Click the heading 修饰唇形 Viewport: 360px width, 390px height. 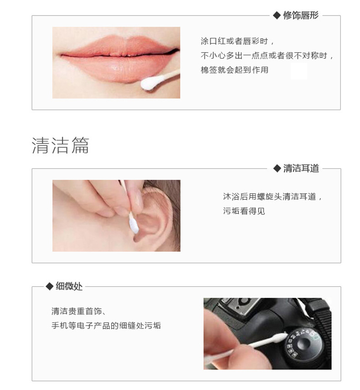coord(301,16)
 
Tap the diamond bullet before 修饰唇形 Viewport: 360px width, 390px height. coord(276,16)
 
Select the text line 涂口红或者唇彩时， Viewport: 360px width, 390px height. coord(237,41)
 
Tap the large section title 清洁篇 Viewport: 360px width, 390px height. coord(61,145)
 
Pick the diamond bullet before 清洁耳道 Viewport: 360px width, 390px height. coord(276,168)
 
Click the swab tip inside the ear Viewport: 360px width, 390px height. coord(134,225)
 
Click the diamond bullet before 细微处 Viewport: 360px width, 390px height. coord(49,286)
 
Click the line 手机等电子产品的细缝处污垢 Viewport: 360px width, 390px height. coord(106,326)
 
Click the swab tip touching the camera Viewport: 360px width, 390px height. coord(282,338)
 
